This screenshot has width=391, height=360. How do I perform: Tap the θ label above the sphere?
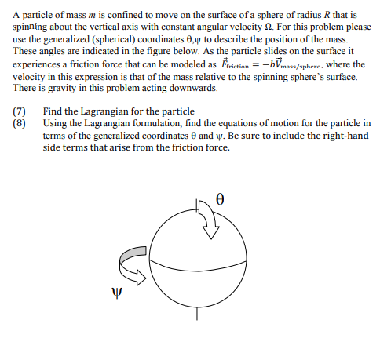tap(221, 199)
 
